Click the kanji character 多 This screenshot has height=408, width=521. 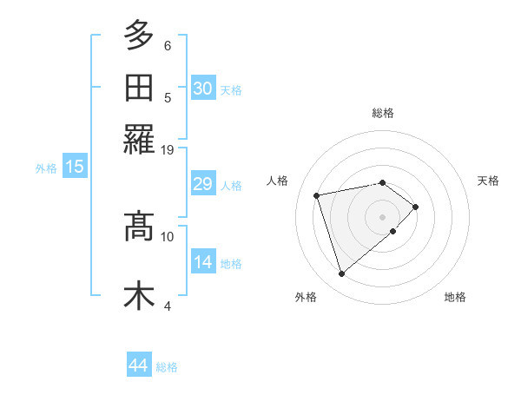point(139,36)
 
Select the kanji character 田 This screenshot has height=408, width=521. point(139,88)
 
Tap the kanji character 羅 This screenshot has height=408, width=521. point(139,140)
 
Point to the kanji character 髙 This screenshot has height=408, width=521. point(139,227)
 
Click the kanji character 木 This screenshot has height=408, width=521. point(139,296)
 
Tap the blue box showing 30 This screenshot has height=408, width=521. point(203,88)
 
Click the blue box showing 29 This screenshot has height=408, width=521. point(203,184)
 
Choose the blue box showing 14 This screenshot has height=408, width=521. point(203,262)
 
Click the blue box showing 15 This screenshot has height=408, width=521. point(75,167)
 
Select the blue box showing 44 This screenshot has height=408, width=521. point(139,365)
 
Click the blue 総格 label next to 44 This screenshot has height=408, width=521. point(167,367)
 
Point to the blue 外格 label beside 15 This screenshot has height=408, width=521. point(46,168)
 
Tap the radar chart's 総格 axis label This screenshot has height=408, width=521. point(383,113)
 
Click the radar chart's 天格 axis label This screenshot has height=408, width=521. point(488,181)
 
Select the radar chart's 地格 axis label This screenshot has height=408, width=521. point(455,298)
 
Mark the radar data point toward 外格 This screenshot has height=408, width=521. point(341,274)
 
